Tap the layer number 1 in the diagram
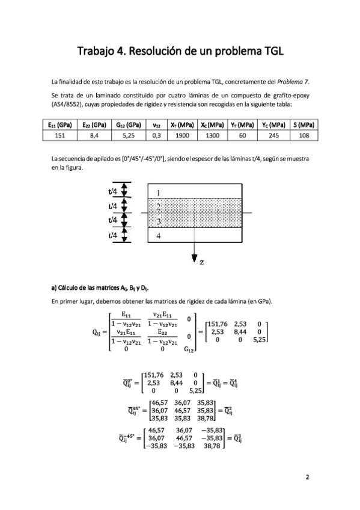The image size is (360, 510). [158, 193]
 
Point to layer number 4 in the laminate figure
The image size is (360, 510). [158, 236]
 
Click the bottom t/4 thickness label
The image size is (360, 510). [112, 235]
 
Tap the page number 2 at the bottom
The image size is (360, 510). [307, 478]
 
